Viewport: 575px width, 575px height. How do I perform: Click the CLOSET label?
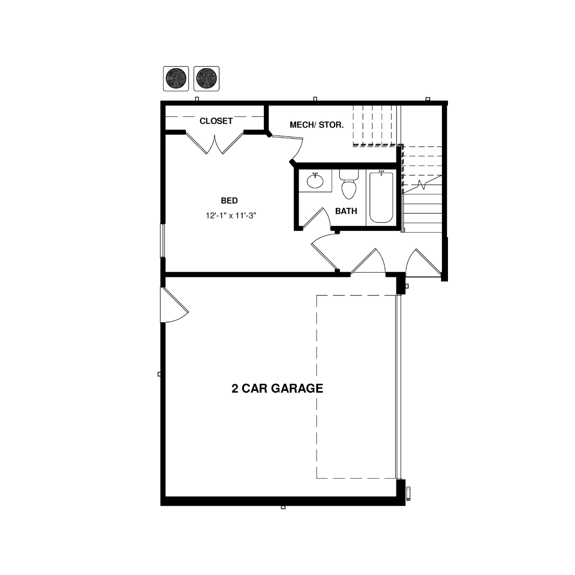(x=216, y=121)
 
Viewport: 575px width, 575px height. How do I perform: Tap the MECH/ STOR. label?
(x=317, y=125)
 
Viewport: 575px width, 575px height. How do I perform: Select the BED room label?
(x=229, y=200)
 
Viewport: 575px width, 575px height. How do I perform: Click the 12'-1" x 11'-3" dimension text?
(x=231, y=216)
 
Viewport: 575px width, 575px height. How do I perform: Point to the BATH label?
(x=346, y=211)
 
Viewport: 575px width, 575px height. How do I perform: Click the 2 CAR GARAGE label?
(x=277, y=388)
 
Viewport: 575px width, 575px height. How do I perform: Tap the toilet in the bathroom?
(x=349, y=184)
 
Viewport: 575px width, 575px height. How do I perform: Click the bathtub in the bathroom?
(x=381, y=197)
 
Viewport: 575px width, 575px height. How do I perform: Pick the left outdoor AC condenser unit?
(x=176, y=78)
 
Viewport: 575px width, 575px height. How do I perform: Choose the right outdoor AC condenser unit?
(x=206, y=78)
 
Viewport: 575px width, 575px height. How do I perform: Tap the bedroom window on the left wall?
(x=162, y=240)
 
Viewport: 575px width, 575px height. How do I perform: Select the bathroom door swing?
(x=316, y=218)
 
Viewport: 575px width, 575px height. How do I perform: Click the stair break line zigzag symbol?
(x=422, y=185)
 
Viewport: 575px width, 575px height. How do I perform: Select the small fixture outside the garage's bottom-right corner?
(x=409, y=493)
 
